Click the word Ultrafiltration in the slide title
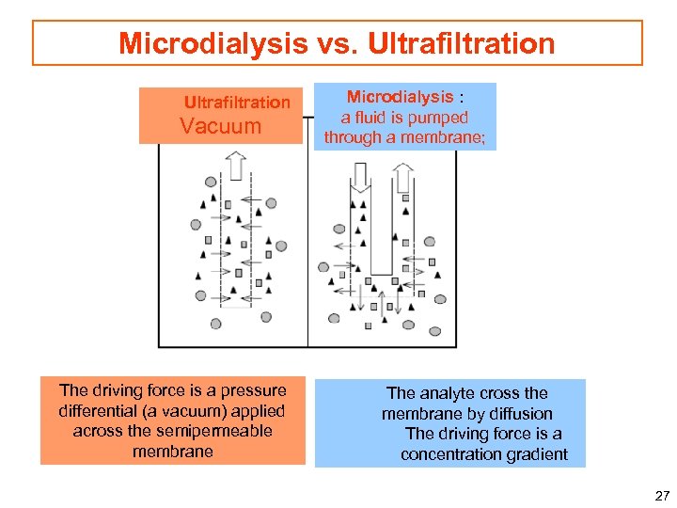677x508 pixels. point(462,43)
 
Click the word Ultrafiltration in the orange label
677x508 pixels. point(237,102)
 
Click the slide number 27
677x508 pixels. point(661,496)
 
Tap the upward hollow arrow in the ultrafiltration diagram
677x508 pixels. point(235,167)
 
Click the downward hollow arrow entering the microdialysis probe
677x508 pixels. point(359,178)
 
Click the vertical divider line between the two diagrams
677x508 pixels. point(308,245)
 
